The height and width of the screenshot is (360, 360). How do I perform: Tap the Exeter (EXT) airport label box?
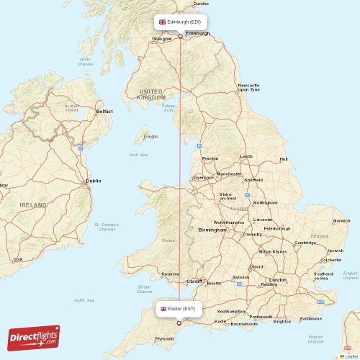pos(178,309)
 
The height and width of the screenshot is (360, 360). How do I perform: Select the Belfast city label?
pos(105,112)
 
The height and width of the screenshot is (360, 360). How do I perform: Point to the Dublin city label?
pos(94,181)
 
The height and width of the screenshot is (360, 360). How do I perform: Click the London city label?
pos(276,279)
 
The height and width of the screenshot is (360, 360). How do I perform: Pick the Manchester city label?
pos(230,174)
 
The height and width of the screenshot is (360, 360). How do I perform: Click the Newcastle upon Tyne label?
pos(248,88)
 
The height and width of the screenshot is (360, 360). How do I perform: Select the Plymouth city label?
pos(165,338)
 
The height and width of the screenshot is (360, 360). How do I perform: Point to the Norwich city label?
pos(341,220)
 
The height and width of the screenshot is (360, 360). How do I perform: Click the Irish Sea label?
pos(138,155)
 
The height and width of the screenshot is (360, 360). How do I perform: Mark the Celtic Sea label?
pos(84,300)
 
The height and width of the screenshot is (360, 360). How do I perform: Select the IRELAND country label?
pos(32,205)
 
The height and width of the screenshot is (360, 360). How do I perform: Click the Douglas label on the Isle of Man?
pos(150,136)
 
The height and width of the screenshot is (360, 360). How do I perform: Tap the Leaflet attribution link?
pos(351,356)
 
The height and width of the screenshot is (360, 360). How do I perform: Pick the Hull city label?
pos(283,159)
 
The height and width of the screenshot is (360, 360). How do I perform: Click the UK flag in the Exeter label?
pos(164,309)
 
